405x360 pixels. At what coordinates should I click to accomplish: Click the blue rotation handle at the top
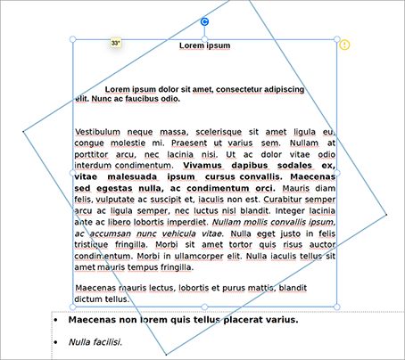pyautogui.click(x=204, y=22)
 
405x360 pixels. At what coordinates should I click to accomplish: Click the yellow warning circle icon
pyautogui.click(x=345, y=45)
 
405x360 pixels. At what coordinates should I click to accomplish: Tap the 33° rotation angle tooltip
pyautogui.click(x=116, y=43)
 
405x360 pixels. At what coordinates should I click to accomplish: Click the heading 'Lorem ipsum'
pyautogui.click(x=205, y=45)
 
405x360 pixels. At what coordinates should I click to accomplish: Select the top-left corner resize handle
pyautogui.click(x=72, y=39)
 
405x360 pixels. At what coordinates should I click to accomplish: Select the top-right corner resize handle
pyautogui.click(x=337, y=39)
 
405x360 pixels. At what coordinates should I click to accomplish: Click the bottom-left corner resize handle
pyautogui.click(x=72, y=307)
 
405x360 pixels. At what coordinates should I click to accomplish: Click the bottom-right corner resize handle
pyautogui.click(x=337, y=307)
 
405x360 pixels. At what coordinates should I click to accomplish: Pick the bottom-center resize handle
pyautogui.click(x=204, y=307)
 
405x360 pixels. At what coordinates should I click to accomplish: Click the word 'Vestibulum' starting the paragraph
pyautogui.click(x=99, y=132)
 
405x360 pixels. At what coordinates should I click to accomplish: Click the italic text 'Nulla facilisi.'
pyautogui.click(x=95, y=341)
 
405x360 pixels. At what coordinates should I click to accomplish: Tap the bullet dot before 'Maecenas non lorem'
pyautogui.click(x=56, y=319)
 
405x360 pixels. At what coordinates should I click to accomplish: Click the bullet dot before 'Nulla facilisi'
pyautogui.click(x=56, y=342)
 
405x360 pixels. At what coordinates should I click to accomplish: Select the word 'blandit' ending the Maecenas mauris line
pyautogui.click(x=300, y=289)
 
